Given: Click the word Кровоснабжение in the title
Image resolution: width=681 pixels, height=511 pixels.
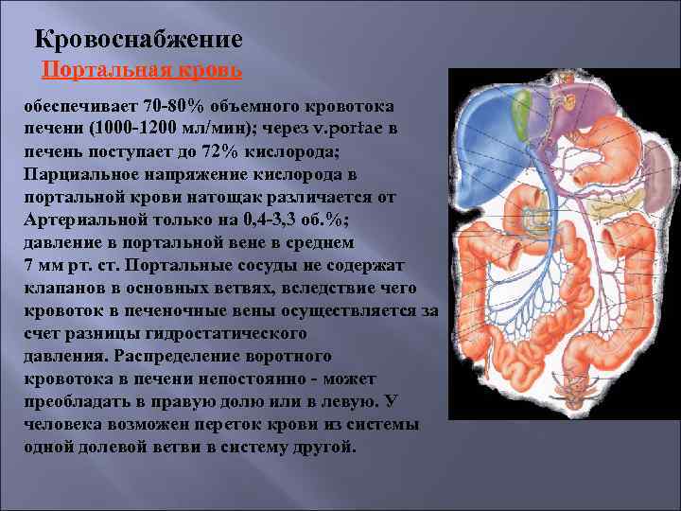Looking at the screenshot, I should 138,41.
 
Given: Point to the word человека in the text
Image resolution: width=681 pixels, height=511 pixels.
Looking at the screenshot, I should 64,424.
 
